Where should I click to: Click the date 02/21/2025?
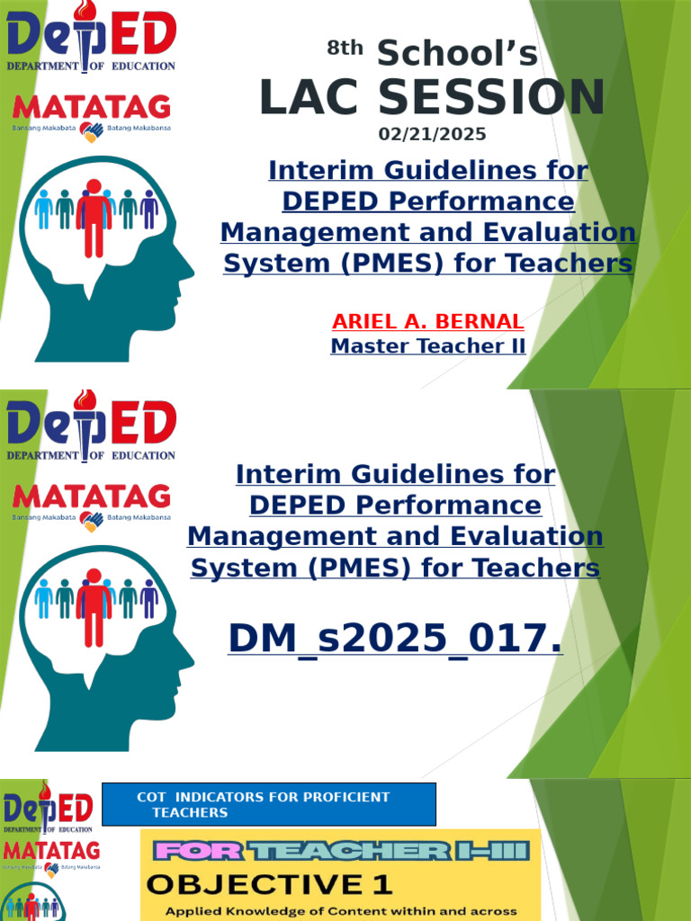point(432,135)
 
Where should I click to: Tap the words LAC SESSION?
point(432,98)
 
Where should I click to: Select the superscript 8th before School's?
point(344,49)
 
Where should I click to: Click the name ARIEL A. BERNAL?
point(428,321)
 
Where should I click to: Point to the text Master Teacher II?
point(428,345)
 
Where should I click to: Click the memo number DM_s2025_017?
point(396,638)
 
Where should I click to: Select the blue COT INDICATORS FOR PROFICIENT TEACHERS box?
point(269,804)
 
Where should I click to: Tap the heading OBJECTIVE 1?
point(270,884)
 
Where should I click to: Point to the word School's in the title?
point(457,54)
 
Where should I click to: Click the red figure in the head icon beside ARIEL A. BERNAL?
point(94,216)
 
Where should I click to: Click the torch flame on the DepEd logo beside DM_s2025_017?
point(85,399)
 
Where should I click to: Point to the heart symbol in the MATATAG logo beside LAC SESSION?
point(92,132)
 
